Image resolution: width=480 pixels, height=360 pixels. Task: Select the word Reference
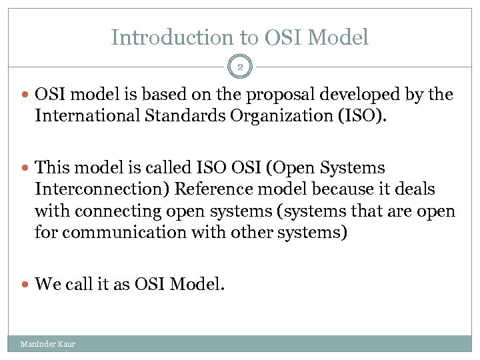pos(217,189)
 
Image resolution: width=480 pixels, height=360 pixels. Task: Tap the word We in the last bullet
pos(47,285)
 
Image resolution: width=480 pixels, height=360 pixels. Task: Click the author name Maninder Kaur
pos(47,344)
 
